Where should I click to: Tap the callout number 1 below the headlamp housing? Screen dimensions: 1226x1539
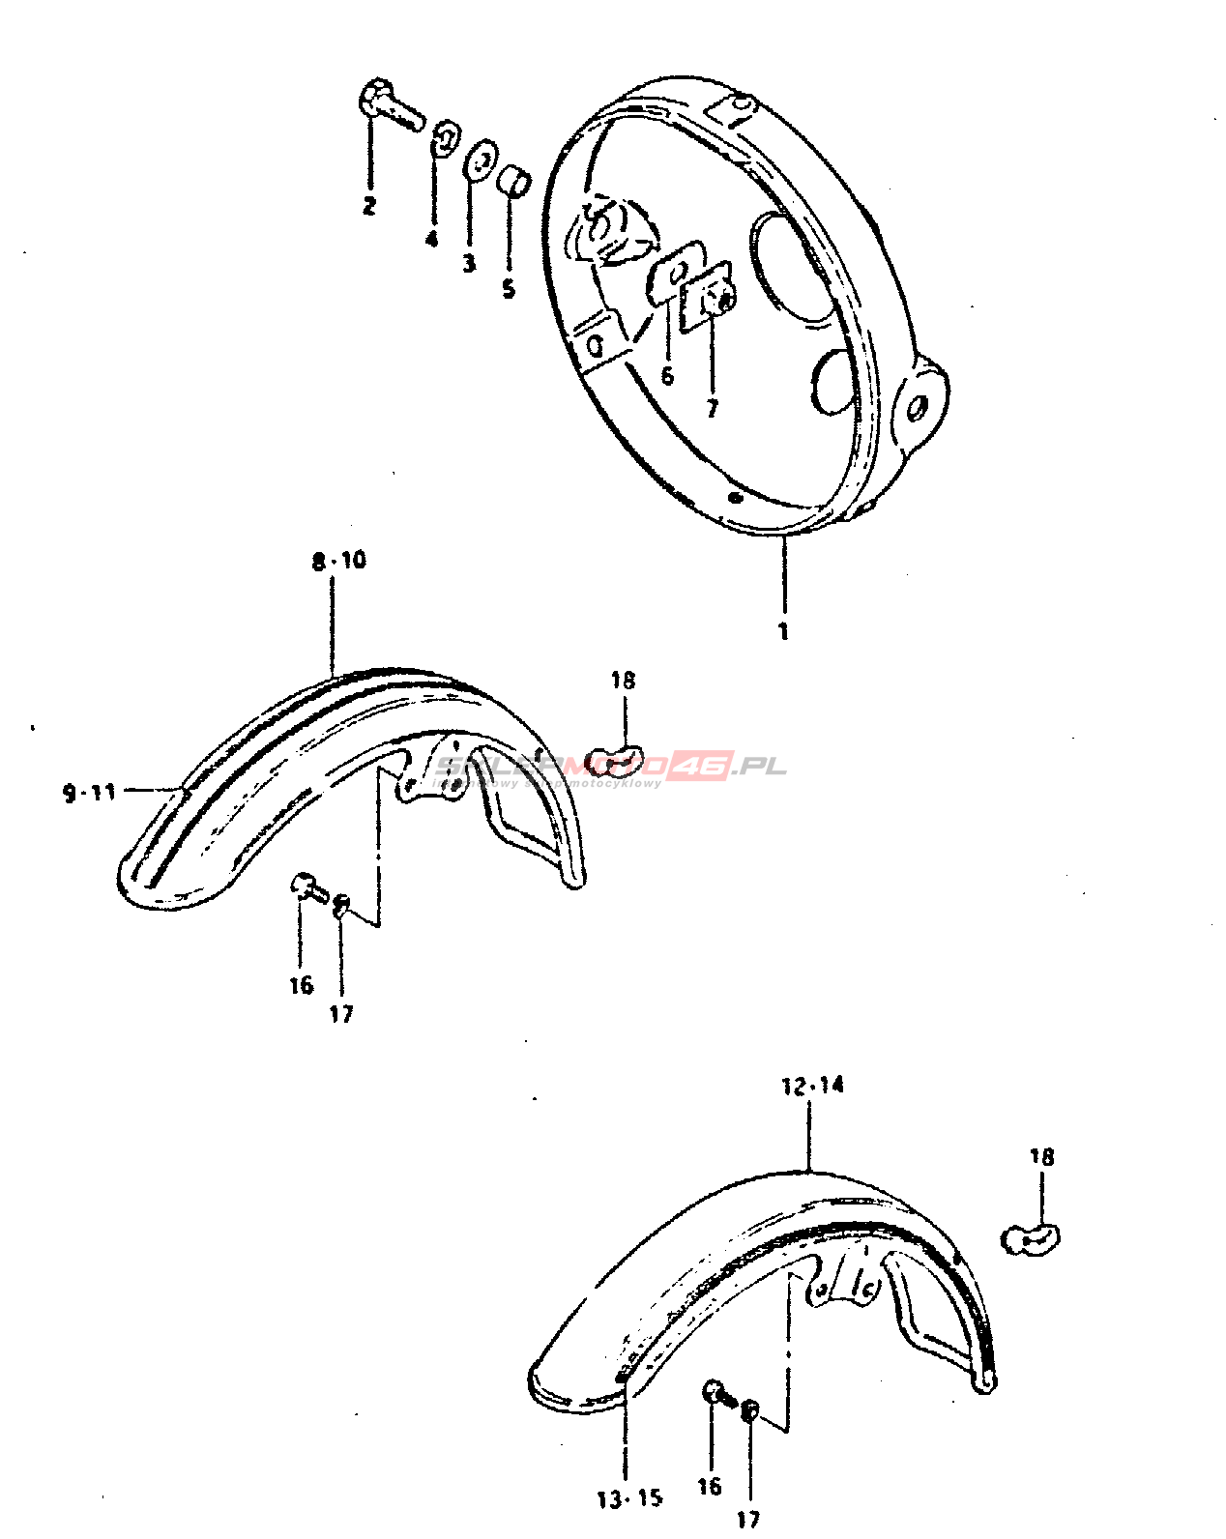point(783,632)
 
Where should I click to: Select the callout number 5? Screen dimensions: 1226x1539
point(509,288)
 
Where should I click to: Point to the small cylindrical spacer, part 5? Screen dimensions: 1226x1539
point(514,181)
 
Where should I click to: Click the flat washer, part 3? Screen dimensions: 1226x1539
point(480,161)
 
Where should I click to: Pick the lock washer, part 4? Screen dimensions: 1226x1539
point(444,137)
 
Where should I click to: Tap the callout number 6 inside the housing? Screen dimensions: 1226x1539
point(667,376)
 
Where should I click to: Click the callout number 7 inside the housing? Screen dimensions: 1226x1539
point(713,408)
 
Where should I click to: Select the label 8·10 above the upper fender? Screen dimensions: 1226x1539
point(339,561)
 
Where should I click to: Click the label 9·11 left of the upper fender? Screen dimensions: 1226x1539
point(90,793)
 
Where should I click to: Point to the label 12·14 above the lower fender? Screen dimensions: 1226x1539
point(812,1086)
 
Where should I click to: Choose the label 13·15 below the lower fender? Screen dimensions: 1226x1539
point(629,1499)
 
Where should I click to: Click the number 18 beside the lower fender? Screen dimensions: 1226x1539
point(1041,1157)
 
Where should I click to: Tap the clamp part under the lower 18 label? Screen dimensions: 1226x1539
point(1031,1238)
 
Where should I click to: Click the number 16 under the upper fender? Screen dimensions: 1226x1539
point(302,985)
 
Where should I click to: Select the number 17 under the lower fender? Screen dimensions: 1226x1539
point(748,1519)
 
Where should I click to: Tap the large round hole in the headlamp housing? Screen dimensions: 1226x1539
point(793,267)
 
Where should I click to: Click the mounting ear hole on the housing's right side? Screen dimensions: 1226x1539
point(916,408)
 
